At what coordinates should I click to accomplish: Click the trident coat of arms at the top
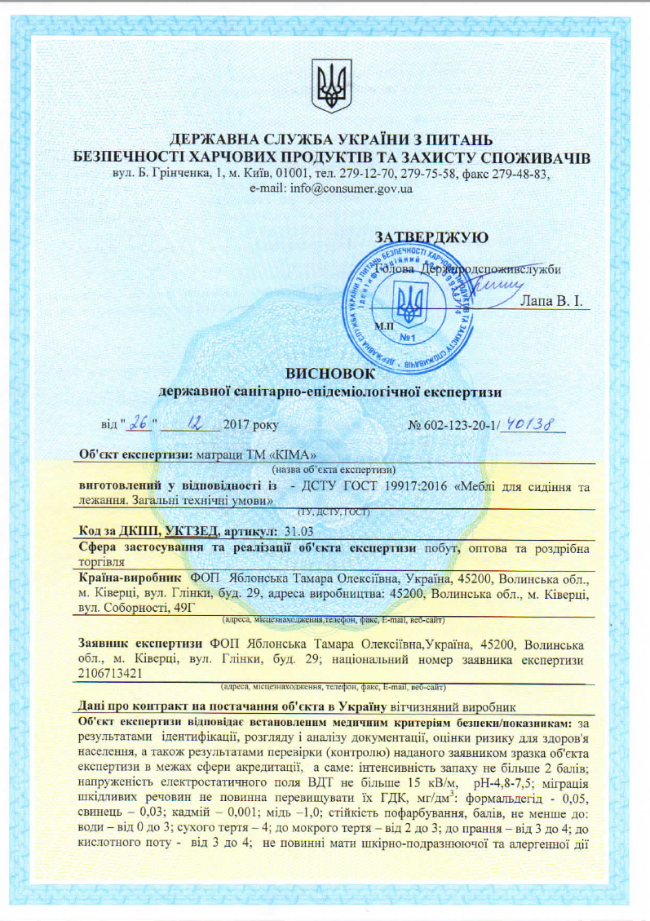tap(333, 86)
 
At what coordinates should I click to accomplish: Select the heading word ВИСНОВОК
tap(326, 373)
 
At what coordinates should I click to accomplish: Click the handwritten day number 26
tap(140, 423)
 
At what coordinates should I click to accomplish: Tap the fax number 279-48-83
tap(525, 175)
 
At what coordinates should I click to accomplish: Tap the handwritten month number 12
tap(197, 423)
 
